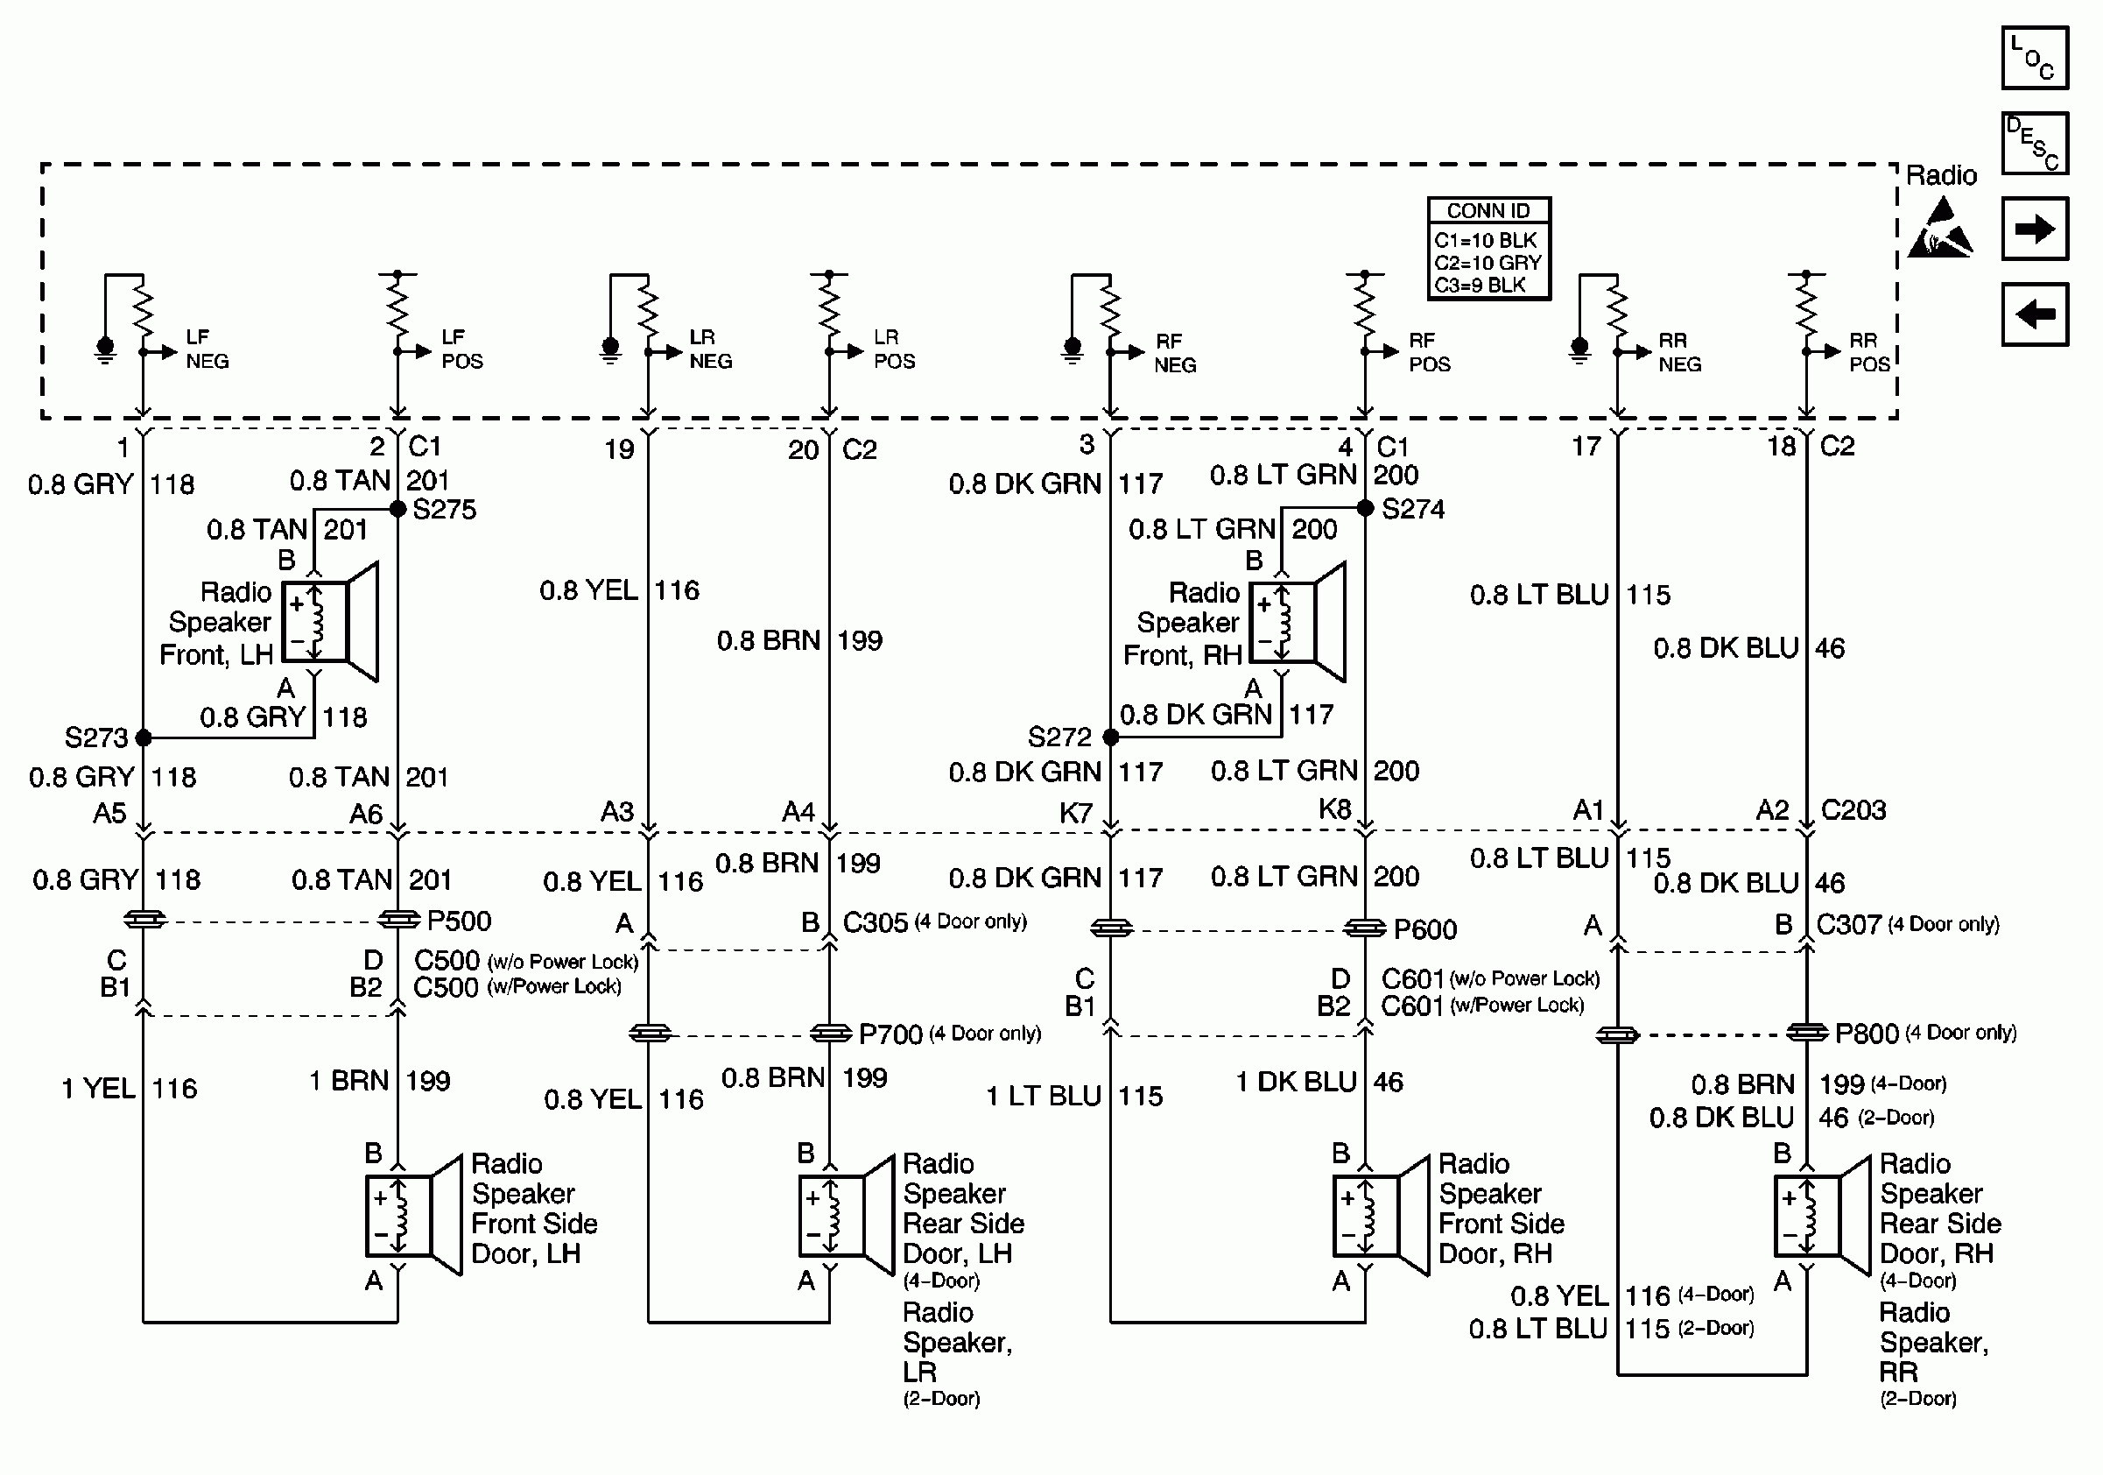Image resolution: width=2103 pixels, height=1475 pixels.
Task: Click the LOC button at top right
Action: tap(2035, 58)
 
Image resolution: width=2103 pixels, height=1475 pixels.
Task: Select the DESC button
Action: tap(2035, 143)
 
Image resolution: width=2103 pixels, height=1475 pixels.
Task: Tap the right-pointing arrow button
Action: tap(2035, 229)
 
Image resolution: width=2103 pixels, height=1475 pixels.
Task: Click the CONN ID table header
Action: tap(1488, 211)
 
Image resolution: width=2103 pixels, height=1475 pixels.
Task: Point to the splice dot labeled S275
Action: tap(398, 510)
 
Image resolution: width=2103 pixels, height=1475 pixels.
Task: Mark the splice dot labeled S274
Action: tap(1365, 507)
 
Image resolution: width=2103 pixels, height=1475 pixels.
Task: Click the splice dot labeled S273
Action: tap(144, 737)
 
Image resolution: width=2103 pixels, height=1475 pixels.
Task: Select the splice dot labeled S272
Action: tap(1111, 737)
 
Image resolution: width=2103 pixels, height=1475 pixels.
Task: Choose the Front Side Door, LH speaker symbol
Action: tap(413, 1215)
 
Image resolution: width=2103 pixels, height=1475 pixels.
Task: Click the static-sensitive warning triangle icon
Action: tap(1940, 229)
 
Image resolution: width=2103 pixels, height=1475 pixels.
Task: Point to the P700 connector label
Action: tap(890, 1034)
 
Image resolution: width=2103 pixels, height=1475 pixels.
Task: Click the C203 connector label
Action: tap(1853, 810)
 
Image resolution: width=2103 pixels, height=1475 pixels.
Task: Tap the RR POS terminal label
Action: tap(1868, 353)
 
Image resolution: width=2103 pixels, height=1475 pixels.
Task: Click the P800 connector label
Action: tap(1867, 1034)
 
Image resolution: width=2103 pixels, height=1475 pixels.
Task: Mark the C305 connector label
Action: tap(876, 922)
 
